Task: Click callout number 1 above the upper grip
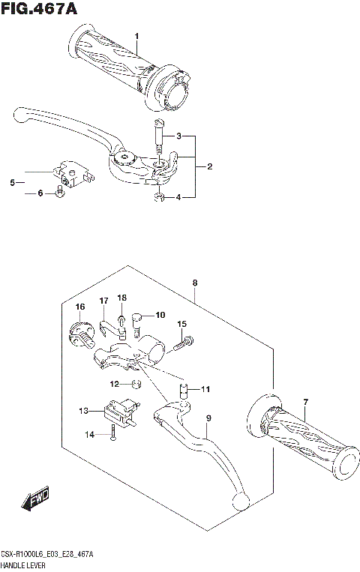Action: point(136,36)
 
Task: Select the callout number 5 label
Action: point(12,182)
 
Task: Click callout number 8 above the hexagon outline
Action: point(195,283)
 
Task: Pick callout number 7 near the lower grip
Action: point(305,404)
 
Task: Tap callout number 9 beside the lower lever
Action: point(209,418)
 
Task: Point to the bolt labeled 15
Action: point(181,345)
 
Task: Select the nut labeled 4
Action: point(159,197)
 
